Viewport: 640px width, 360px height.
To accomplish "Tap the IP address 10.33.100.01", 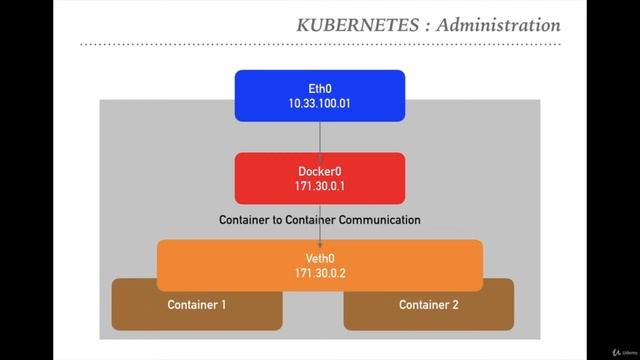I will pyautogui.click(x=320, y=103).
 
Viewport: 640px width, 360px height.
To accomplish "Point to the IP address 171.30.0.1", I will pyautogui.click(x=320, y=186).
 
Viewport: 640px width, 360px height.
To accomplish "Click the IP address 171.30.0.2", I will pyautogui.click(x=320, y=272).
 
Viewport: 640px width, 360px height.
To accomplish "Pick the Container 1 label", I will pyautogui.click(x=197, y=304).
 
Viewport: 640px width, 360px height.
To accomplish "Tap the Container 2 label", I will pyautogui.click(x=429, y=304).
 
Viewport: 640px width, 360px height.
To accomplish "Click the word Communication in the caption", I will pyautogui.click(x=379, y=219).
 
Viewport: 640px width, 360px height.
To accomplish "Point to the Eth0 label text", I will pyautogui.click(x=320, y=88).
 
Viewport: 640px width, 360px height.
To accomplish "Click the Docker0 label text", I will pyautogui.click(x=320, y=171).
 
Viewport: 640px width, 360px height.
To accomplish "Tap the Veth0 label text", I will pyautogui.click(x=320, y=257).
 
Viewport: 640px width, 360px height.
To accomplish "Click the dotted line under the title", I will pyautogui.click(x=320, y=46).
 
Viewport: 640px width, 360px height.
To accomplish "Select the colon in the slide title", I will pyautogui.click(x=424, y=26).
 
